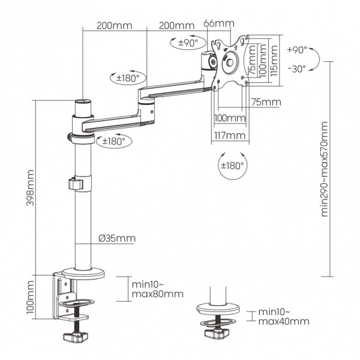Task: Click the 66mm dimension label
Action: (218, 24)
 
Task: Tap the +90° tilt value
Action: (296, 50)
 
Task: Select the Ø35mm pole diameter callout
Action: (117, 238)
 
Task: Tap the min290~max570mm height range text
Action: (325, 169)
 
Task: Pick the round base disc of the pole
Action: (82, 274)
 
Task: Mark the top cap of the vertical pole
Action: (83, 103)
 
